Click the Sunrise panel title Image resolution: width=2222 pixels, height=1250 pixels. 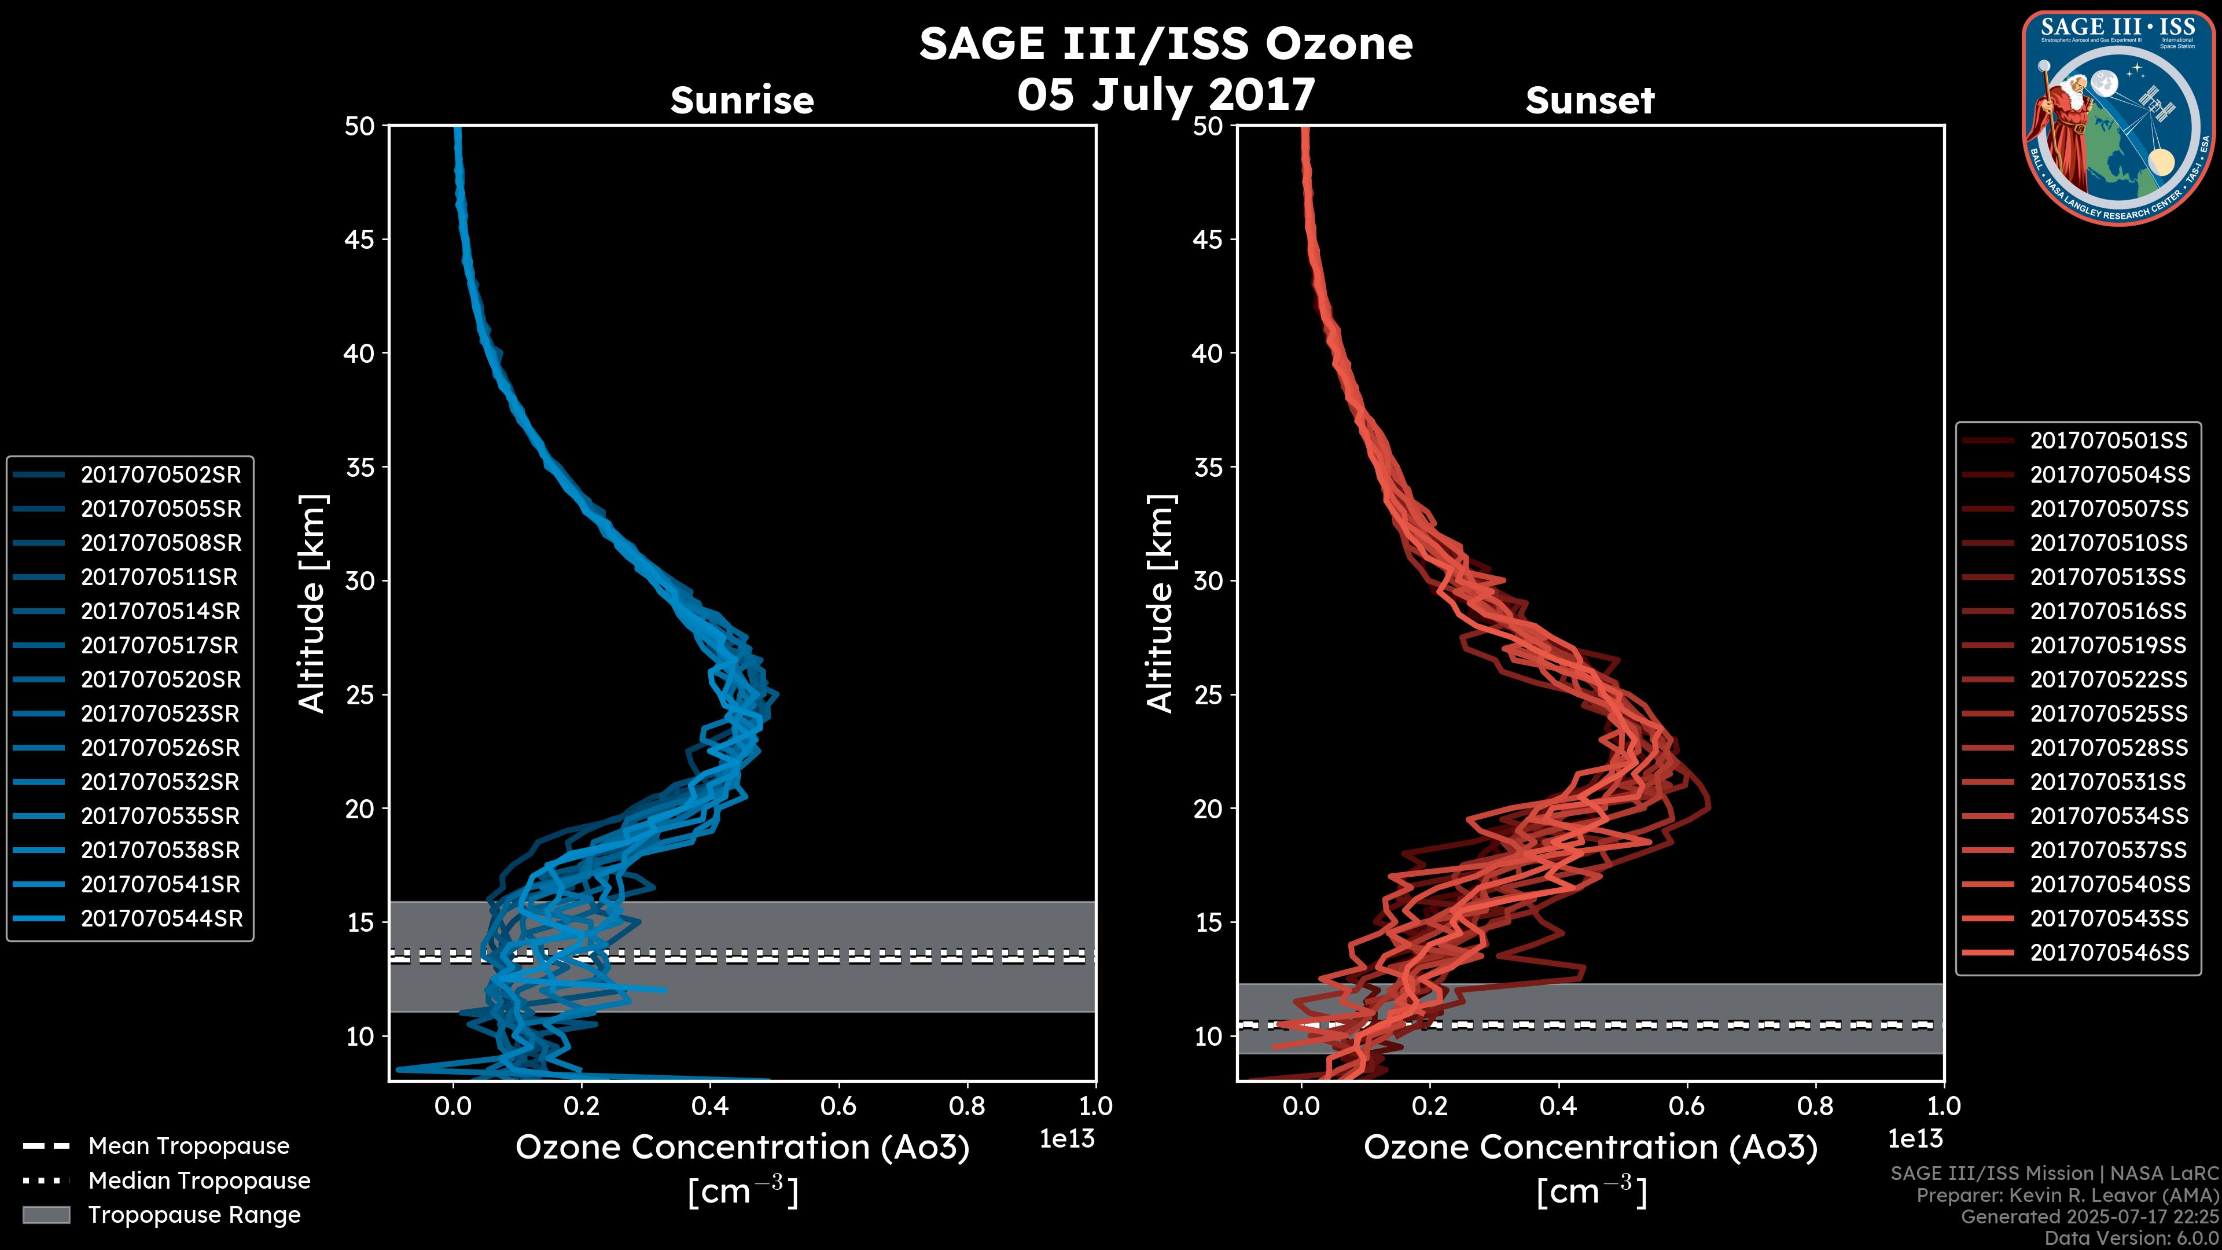coord(742,100)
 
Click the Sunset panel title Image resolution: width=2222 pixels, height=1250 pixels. coord(1590,100)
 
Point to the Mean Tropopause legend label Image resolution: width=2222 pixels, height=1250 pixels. coord(189,1146)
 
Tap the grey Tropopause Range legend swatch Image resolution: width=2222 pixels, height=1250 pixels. coord(46,1215)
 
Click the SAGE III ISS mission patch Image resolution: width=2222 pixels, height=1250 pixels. coord(2118,118)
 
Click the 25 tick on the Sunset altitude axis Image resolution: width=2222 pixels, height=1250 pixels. coord(1208,694)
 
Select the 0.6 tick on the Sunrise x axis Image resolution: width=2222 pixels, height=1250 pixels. coord(838,1106)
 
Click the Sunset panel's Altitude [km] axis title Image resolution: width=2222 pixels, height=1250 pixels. coord(1160,603)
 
